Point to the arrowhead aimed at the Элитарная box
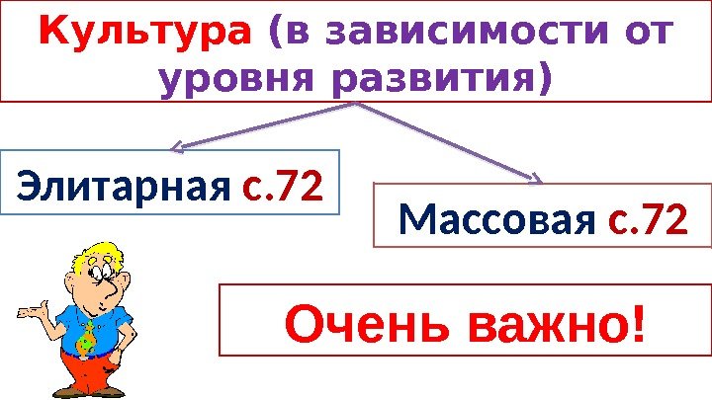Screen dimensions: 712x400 (178, 148)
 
